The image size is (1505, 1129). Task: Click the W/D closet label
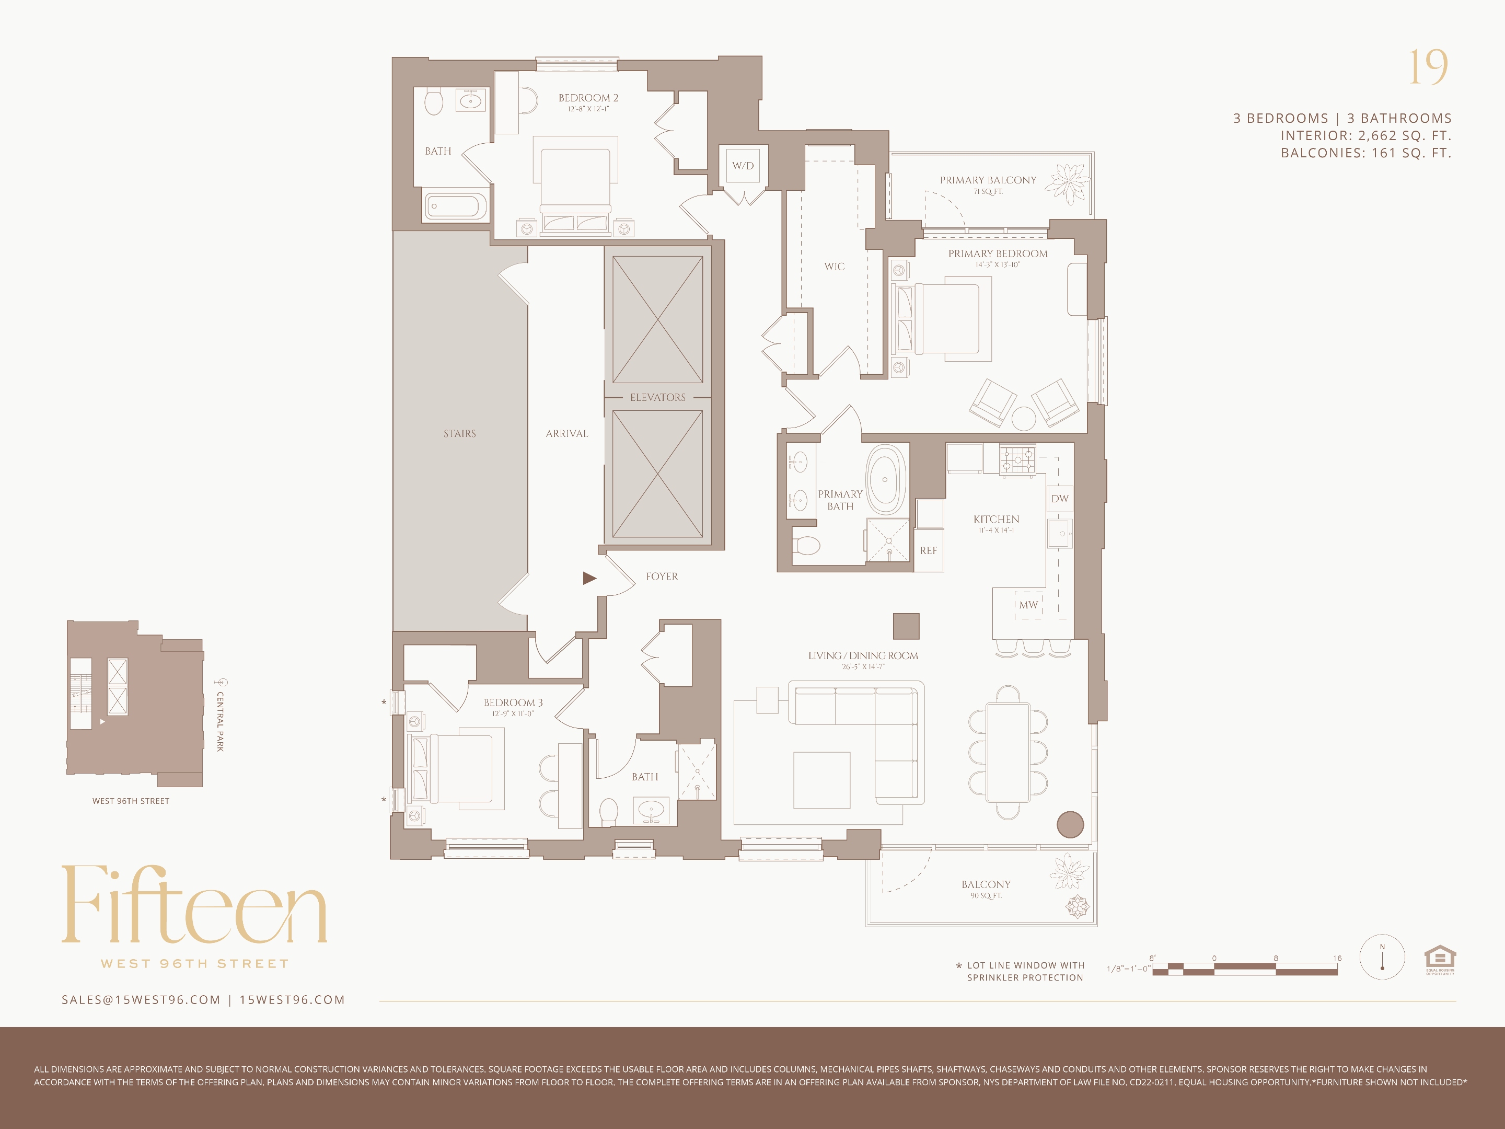743,165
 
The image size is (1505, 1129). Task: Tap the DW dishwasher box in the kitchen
1059,498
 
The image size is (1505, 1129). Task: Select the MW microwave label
1028,604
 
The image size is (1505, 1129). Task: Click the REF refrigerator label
928,550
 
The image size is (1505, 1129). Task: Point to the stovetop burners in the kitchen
1016,459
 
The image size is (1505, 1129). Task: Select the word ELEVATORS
657,397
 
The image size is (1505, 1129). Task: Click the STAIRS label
459,433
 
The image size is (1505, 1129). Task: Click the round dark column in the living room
1070,824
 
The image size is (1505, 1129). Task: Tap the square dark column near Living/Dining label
906,626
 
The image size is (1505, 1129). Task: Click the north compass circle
1382,957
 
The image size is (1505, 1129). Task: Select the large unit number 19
1428,67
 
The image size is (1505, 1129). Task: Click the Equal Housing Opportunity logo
1440,959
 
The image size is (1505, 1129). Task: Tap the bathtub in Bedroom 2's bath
456,205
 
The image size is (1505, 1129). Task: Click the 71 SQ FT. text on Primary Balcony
987,192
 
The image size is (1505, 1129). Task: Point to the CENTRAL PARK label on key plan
220,721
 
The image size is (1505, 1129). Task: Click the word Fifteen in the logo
194,905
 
